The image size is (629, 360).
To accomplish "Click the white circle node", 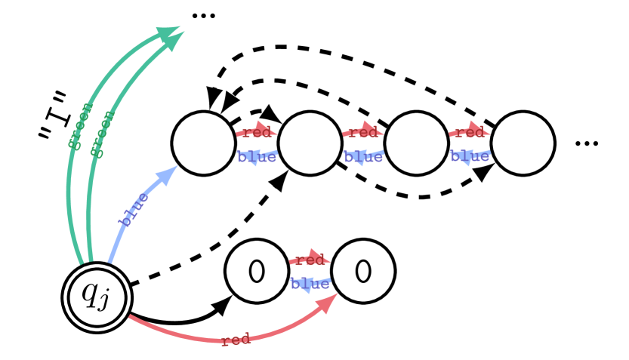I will point(97,297).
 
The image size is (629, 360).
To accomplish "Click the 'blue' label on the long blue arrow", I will point(134,209).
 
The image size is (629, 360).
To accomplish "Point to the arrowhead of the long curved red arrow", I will point(328,301).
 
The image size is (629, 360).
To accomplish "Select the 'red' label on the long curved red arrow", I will point(236,340).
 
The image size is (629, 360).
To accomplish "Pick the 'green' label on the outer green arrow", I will point(80,126).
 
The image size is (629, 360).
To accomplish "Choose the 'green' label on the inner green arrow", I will point(102,134).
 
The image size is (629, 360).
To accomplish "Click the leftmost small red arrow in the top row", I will point(257,132).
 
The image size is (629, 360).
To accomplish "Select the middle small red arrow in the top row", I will point(363,132).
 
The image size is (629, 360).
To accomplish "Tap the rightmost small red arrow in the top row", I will point(470,132).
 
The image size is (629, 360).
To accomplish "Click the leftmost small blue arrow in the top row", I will point(257,157).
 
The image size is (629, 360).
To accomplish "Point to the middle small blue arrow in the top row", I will point(363,157).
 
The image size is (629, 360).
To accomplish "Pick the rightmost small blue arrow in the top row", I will point(470,157).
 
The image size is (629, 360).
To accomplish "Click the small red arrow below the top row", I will point(310,260).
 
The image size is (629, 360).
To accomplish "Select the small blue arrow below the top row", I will point(310,284).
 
